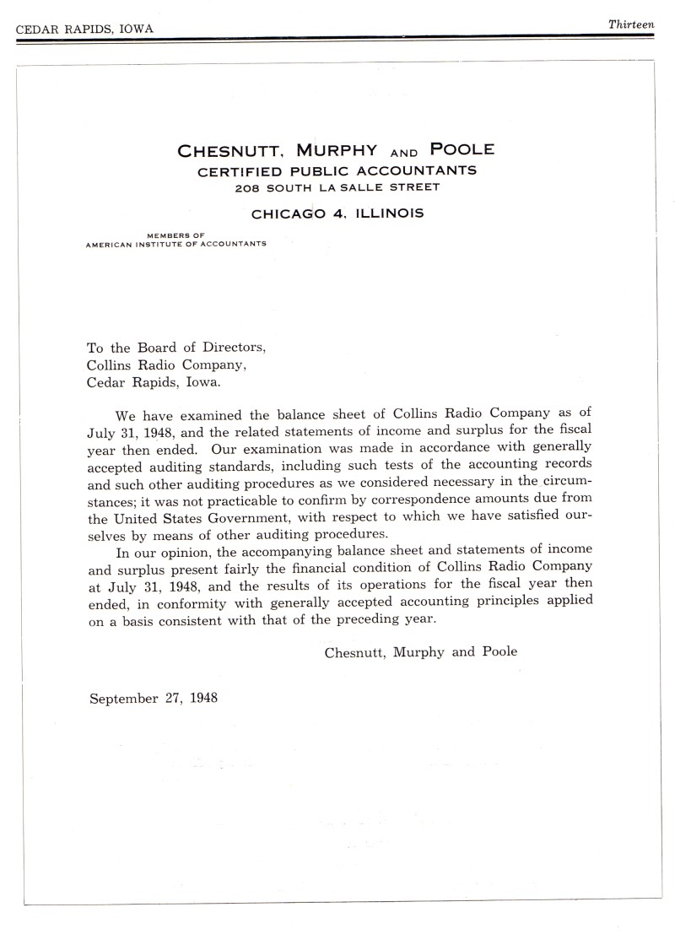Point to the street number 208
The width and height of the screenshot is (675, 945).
tap(247, 186)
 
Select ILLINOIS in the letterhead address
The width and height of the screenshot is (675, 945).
tap(388, 213)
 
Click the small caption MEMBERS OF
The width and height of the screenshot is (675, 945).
tap(176, 235)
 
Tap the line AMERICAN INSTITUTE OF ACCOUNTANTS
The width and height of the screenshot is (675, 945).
tap(176, 244)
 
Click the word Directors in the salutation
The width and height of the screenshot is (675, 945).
tap(231, 348)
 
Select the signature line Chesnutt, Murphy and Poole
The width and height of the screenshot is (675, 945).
tap(421, 651)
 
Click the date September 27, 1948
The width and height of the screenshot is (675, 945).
tap(154, 698)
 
